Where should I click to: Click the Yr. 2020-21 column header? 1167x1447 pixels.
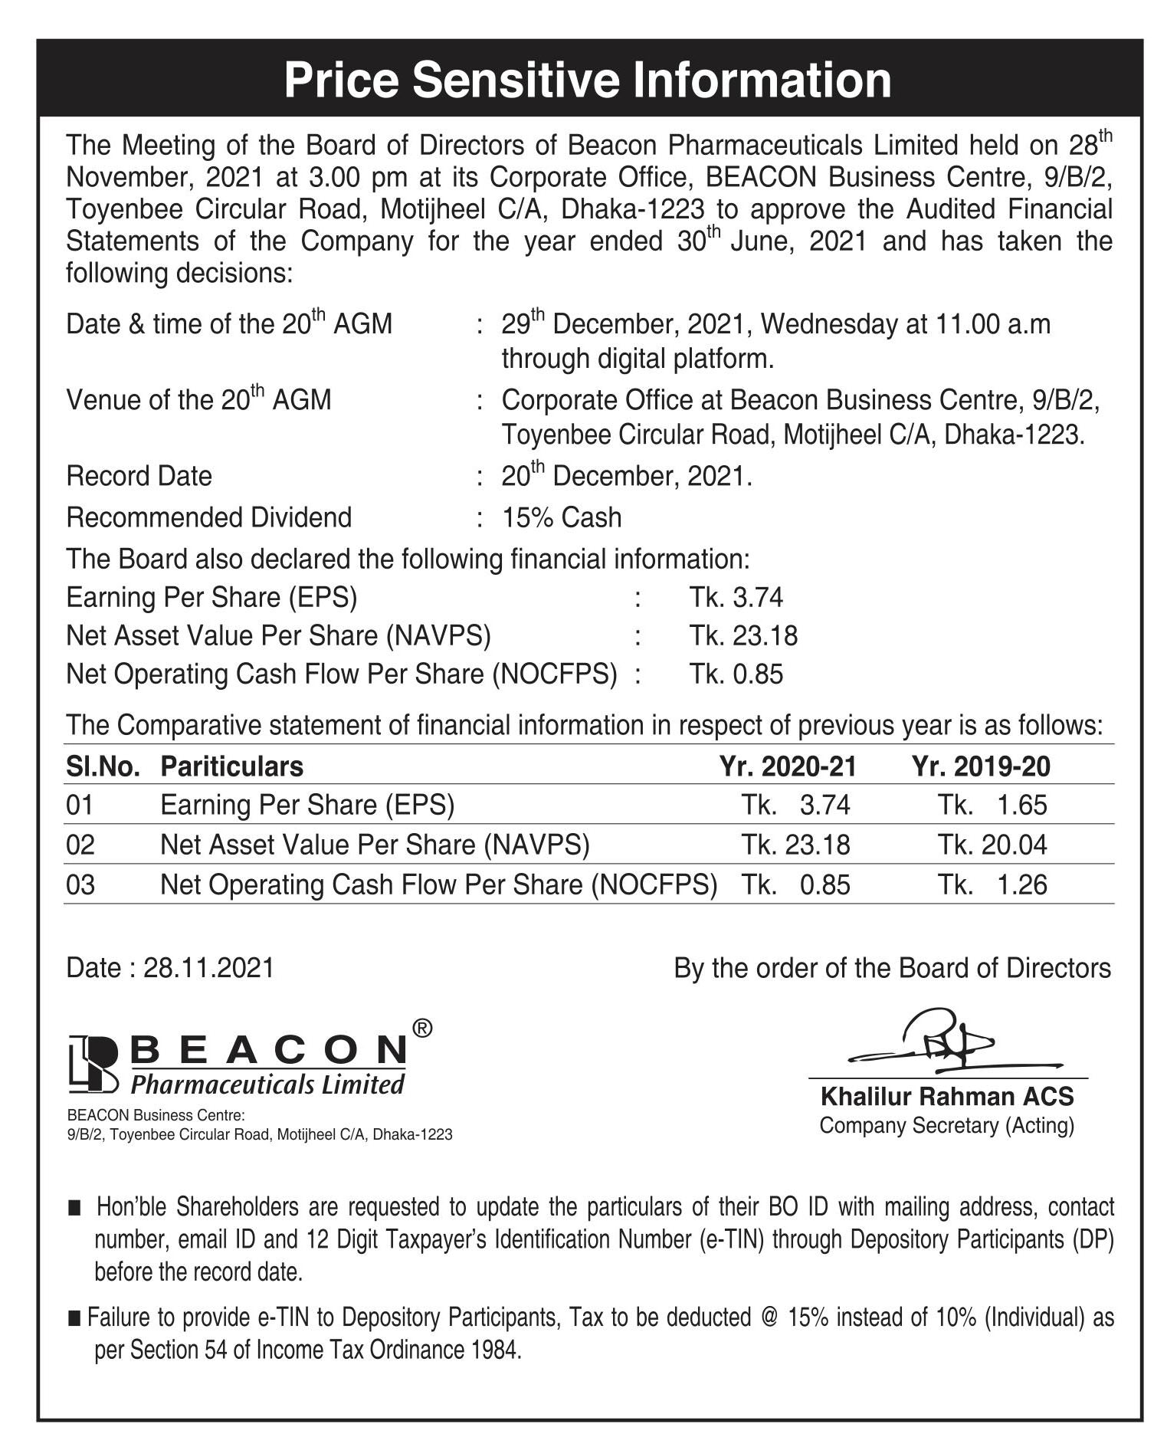(x=787, y=766)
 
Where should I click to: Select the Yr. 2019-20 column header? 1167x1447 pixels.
(x=981, y=766)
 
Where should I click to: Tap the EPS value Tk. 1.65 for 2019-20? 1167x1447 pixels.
(x=992, y=805)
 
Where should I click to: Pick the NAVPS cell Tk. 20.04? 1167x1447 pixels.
(x=992, y=845)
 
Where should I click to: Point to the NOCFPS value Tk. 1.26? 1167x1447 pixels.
(x=992, y=884)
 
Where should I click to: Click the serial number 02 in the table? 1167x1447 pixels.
(x=80, y=845)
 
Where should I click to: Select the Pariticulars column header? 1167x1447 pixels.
(x=231, y=766)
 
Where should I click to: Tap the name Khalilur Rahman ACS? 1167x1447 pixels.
(x=947, y=1097)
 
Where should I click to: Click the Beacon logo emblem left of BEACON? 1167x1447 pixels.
(x=93, y=1064)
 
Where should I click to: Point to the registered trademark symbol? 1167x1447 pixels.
(x=422, y=1029)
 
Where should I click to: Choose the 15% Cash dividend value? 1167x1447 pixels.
(x=562, y=518)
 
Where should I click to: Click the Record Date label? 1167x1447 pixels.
(x=139, y=477)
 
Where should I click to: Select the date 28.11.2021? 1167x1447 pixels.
(x=208, y=968)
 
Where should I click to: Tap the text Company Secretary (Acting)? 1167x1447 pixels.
(x=947, y=1126)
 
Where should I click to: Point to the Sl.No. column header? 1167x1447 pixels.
(x=103, y=766)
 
